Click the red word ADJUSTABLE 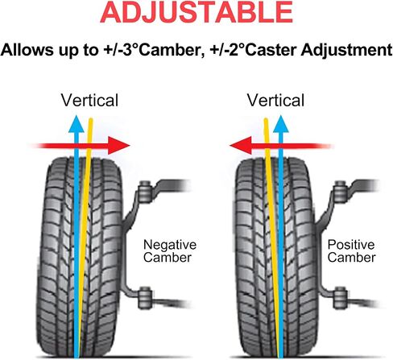tap(196, 12)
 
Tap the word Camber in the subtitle tap(171, 50)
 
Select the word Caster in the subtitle tap(271, 50)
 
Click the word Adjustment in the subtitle tap(346, 50)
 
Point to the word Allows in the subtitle tap(27, 50)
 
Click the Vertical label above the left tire tap(89, 101)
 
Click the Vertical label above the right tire tap(275, 101)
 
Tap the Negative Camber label tap(170, 251)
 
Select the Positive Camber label tap(351, 251)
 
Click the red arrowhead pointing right tap(118, 146)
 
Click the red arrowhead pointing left tap(241, 146)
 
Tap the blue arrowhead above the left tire tap(77, 124)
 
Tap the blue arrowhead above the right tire tap(281, 124)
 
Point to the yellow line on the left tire tap(85, 238)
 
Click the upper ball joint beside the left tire tap(145, 192)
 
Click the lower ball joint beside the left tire tap(145, 298)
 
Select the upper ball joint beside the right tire tap(340, 192)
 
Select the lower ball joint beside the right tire tap(340, 298)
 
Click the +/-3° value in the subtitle tap(121, 50)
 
